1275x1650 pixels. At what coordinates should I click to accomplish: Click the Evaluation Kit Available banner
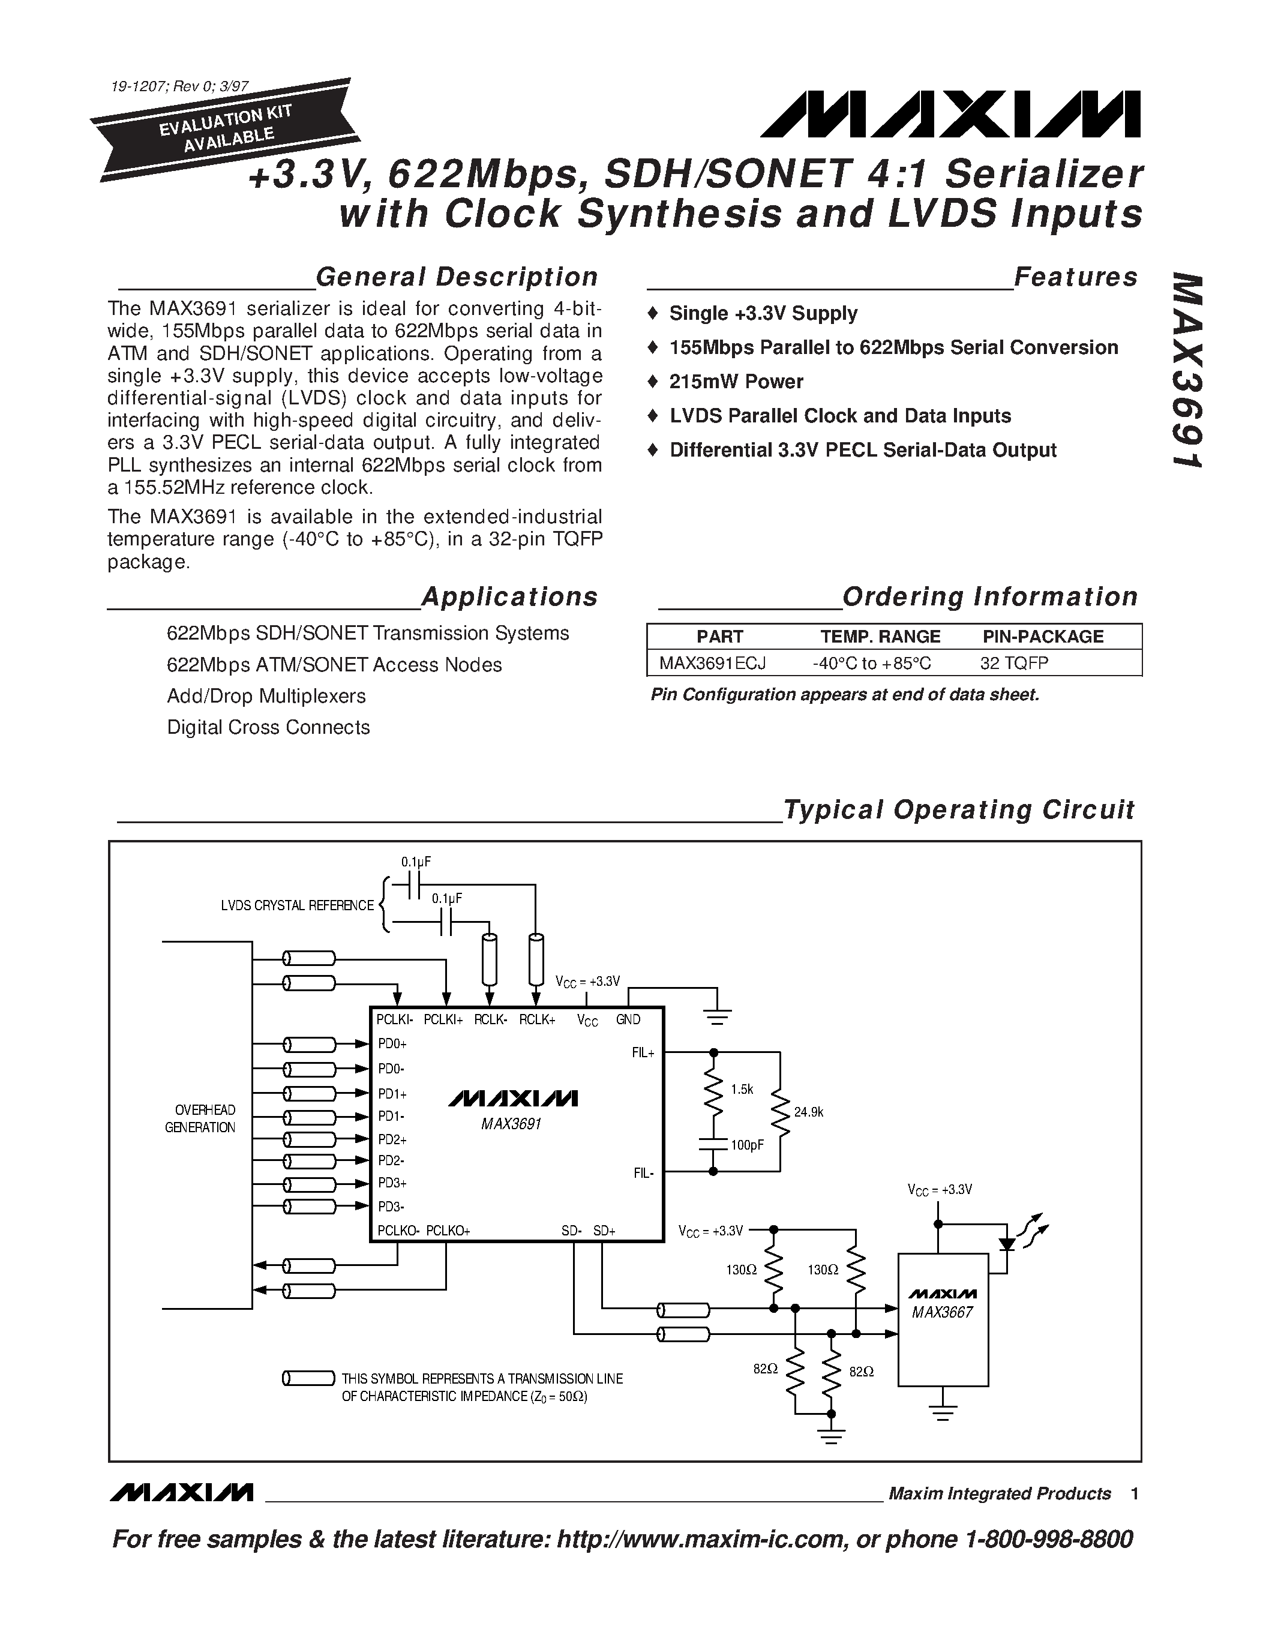click(x=224, y=129)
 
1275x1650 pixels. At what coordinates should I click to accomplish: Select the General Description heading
click(x=456, y=277)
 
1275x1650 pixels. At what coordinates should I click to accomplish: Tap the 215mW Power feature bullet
click(x=736, y=382)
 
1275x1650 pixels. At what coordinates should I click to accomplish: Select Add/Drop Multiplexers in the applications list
click(x=266, y=696)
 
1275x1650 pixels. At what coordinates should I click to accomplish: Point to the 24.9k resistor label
click(x=808, y=1112)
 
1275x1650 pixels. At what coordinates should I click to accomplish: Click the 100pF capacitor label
click(x=747, y=1145)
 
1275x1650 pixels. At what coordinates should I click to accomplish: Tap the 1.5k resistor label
click(x=742, y=1090)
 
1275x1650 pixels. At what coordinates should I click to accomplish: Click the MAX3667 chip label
click(x=942, y=1312)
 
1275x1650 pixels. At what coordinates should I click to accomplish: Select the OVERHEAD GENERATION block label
click(x=200, y=1119)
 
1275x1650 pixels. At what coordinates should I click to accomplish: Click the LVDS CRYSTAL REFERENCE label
click(x=297, y=905)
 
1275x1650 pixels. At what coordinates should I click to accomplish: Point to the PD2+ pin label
click(x=392, y=1140)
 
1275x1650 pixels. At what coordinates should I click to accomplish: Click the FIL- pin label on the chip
click(x=644, y=1173)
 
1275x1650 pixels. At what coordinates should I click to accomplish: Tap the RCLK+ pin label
click(x=537, y=1020)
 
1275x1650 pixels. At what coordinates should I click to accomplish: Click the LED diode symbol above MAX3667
click(x=1006, y=1244)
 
